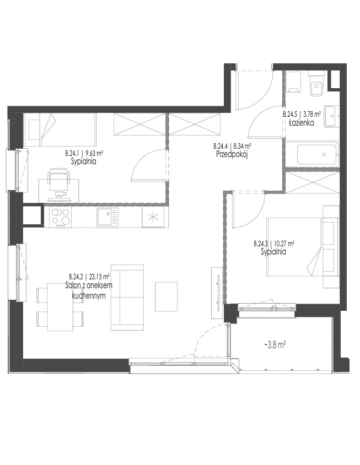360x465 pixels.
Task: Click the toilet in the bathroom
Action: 316,85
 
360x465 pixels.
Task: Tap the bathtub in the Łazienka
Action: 318,155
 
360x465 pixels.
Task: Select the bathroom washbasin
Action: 332,117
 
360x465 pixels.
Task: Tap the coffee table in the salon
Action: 166,296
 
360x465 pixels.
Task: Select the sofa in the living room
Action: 127,297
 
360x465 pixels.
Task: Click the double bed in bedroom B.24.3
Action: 303,246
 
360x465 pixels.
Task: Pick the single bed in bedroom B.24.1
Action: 60,129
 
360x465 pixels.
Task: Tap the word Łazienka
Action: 302,122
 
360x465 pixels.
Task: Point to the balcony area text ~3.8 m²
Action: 275,345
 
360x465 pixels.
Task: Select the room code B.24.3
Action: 261,244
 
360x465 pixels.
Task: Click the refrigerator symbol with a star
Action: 153,218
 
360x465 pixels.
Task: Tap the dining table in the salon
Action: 61,307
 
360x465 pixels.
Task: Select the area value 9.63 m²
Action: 94,154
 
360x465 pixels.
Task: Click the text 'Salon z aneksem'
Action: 89,285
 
